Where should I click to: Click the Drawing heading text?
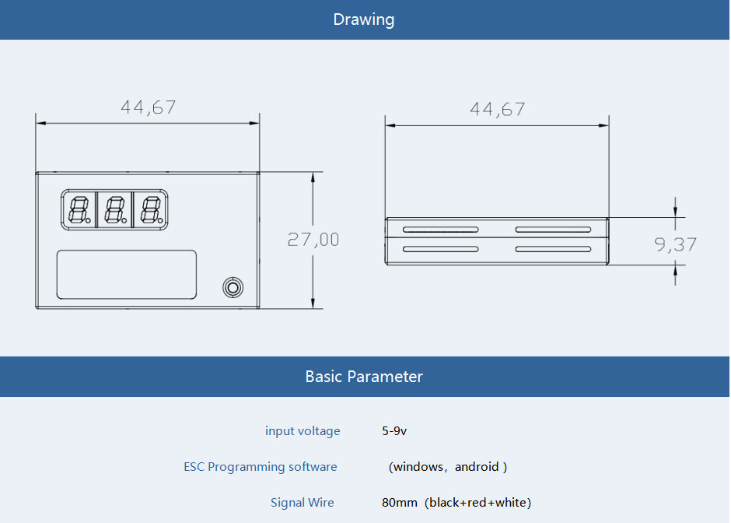tap(364, 19)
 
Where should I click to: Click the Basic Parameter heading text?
tap(364, 377)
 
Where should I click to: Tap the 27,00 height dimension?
tap(313, 240)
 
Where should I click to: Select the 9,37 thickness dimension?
tap(675, 244)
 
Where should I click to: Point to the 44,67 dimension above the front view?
tap(149, 107)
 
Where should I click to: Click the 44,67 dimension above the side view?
tap(498, 110)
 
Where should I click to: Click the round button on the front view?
tap(233, 287)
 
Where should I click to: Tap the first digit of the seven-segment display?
tap(79, 210)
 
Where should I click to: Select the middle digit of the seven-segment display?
tap(115, 210)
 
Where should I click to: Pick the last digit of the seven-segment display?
tap(152, 210)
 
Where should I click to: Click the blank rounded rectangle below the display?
tap(126, 274)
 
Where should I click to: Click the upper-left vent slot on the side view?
tap(441, 230)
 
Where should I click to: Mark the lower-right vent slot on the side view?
tap(554, 249)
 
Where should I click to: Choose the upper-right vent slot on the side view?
tap(554, 230)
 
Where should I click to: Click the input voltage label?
tap(303, 430)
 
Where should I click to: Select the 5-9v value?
tap(394, 430)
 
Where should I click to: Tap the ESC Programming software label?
tap(261, 466)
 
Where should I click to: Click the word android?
tap(477, 466)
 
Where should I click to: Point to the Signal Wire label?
tap(302, 503)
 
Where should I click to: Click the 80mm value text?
tap(400, 503)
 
